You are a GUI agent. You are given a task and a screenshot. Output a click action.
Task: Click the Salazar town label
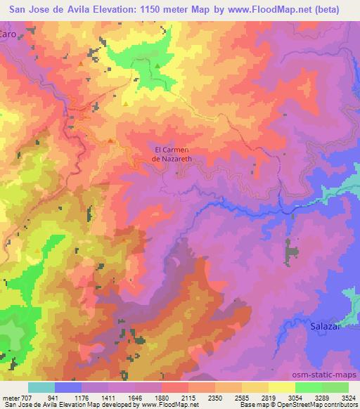pyautogui.click(x=326, y=327)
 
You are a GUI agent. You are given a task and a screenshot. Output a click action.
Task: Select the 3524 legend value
pyautogui.click(x=349, y=398)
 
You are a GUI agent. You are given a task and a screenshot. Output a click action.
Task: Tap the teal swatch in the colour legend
pyautogui.click(x=41, y=388)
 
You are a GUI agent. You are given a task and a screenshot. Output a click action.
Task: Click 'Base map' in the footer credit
pyautogui.click(x=249, y=405)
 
